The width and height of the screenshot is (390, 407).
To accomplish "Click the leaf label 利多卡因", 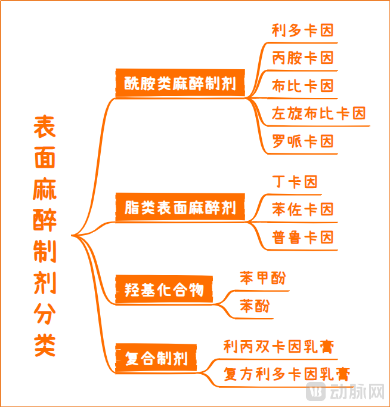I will (302, 30).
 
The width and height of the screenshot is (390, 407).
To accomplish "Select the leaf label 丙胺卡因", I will (302, 58).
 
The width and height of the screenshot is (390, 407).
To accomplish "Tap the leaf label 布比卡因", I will (302, 86).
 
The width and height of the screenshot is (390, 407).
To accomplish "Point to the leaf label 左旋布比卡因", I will (318, 113).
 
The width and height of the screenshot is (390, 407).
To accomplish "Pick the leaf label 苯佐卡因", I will (302, 209).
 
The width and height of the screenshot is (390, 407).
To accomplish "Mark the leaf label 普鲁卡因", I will (302, 238).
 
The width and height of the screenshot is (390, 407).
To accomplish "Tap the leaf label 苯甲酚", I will (262, 278).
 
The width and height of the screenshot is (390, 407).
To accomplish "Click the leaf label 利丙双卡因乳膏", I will (278, 347).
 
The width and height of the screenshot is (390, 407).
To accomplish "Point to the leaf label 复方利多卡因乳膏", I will (287, 374).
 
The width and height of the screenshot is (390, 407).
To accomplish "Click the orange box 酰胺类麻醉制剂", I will (180, 84).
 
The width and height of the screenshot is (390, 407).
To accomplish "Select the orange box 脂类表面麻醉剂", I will (180, 208).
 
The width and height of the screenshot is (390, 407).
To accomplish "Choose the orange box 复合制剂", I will (156, 359).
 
